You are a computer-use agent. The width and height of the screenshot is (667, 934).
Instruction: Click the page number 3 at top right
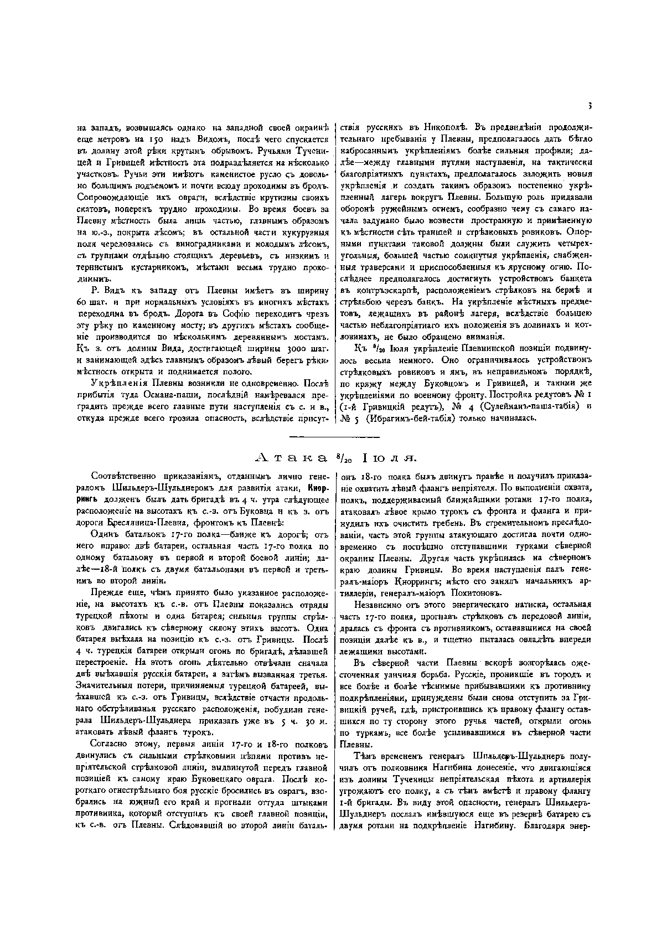590,105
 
